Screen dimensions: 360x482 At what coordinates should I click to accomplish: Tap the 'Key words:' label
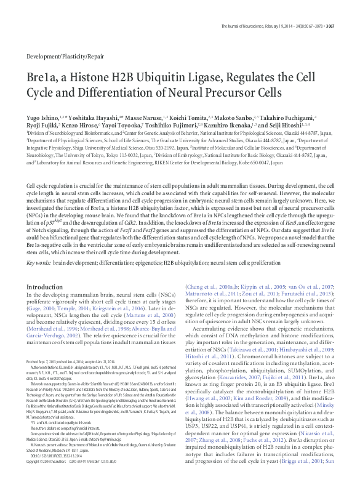pyautogui.click(x=39, y=263)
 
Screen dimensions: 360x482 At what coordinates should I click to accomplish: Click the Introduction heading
pyautogui.click(x=49, y=287)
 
